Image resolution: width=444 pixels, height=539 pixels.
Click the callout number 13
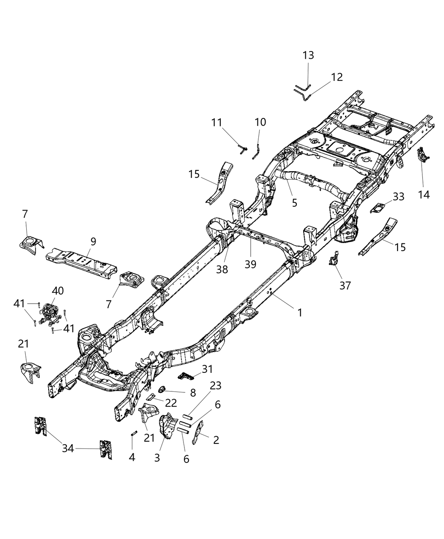click(x=308, y=55)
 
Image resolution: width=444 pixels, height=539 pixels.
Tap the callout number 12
click(x=337, y=77)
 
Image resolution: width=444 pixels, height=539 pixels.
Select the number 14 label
click(x=424, y=194)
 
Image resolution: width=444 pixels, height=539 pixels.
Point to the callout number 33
click(x=398, y=197)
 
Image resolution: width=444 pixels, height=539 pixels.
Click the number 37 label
click(x=345, y=286)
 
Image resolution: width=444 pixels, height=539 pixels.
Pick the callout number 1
click(x=299, y=313)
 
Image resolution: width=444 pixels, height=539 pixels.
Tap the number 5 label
click(x=294, y=203)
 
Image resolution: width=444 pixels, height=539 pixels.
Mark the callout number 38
click(x=222, y=269)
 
